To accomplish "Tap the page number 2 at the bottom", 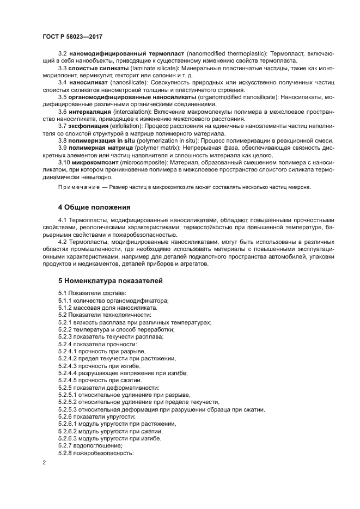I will tap(44, 463).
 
